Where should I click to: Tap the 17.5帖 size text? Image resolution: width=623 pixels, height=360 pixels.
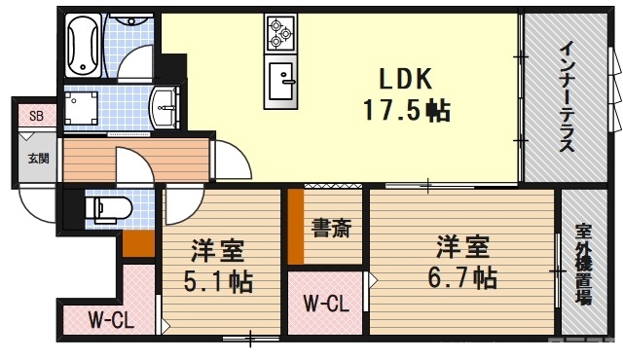(x=406, y=111)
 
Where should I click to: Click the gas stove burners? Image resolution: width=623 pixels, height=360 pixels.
(x=281, y=32)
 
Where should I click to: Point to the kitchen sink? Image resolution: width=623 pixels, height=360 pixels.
(x=283, y=77)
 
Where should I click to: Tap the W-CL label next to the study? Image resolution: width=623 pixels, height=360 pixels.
(x=325, y=304)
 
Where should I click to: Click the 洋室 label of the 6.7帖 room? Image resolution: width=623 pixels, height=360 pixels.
(x=461, y=244)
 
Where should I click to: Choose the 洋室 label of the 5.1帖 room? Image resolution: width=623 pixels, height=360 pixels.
(x=217, y=251)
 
